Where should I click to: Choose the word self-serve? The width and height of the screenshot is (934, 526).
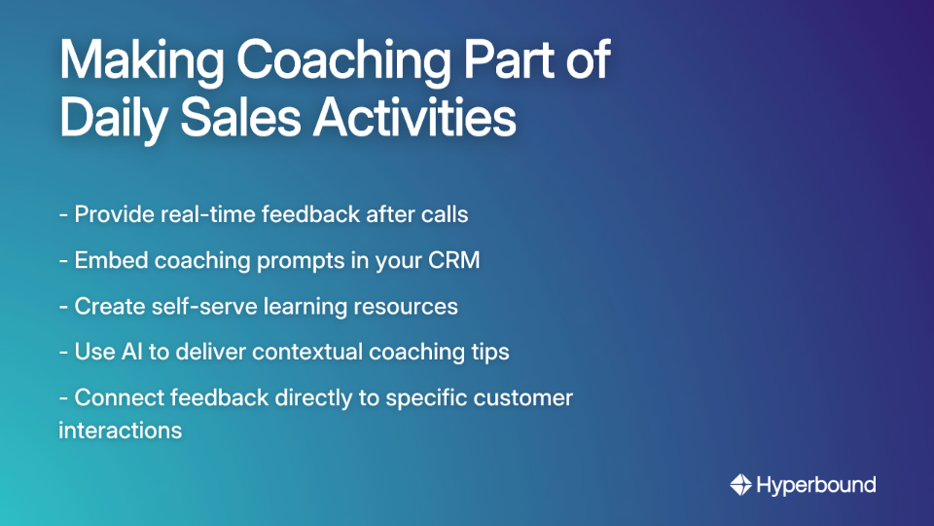(x=198, y=307)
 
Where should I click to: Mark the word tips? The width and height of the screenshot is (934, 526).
(x=489, y=352)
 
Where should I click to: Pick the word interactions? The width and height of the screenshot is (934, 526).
(x=121, y=431)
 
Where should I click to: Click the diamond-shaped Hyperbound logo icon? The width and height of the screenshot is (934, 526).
(x=741, y=484)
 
